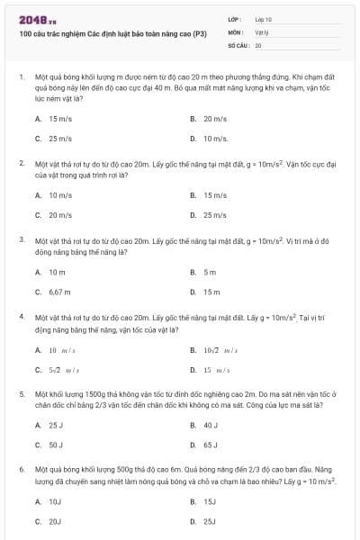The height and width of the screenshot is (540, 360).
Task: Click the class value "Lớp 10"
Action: [x=263, y=19]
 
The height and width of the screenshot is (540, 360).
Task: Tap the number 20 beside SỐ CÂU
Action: [x=258, y=44]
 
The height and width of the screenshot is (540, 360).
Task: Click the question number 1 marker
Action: [x=21, y=78]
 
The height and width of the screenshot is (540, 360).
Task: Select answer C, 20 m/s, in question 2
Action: [x=59, y=215]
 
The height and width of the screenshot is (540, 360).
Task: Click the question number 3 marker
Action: [x=21, y=240]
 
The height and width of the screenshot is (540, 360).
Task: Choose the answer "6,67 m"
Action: [x=59, y=292]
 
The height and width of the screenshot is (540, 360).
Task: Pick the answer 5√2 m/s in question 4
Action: [x=64, y=370]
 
